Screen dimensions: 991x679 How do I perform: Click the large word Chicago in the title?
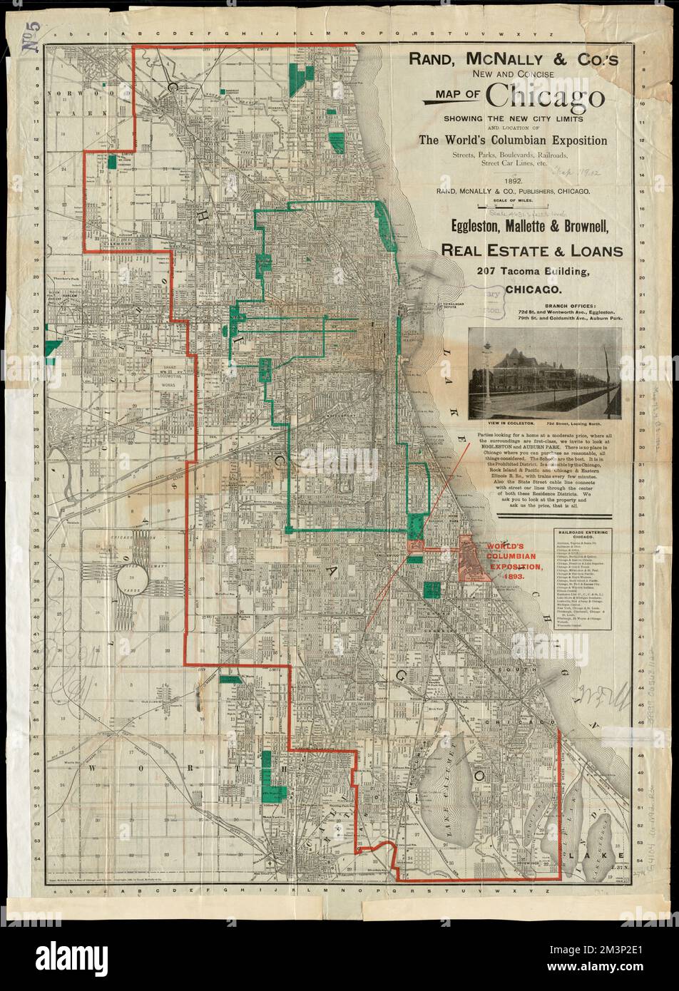click(546, 98)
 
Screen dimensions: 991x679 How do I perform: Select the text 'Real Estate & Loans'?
click(531, 250)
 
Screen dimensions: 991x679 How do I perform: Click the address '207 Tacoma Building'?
click(531, 273)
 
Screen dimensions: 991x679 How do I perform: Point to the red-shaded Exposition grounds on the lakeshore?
click(474, 558)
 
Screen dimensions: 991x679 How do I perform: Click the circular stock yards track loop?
click(131, 575)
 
